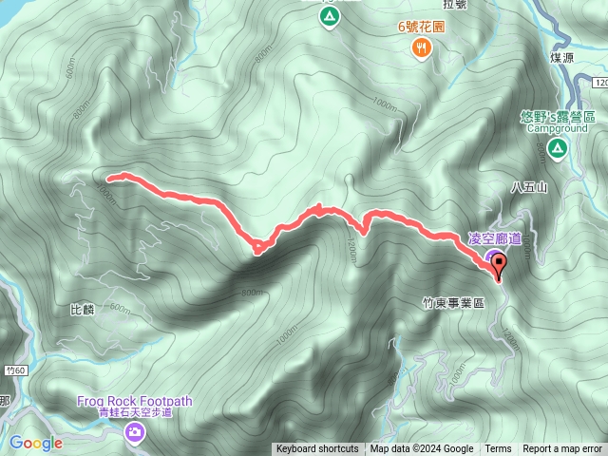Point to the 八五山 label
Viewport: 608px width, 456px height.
pos(529,188)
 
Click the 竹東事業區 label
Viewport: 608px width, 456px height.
pos(453,302)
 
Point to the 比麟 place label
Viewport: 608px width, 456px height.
pos(83,310)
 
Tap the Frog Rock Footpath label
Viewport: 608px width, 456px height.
pos(135,401)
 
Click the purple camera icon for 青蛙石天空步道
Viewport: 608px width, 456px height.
pos(135,433)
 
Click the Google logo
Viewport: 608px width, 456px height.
pos(35,443)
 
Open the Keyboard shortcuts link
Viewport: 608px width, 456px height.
pos(317,449)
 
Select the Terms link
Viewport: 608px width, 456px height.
pos(498,449)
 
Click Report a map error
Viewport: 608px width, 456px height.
pos(562,449)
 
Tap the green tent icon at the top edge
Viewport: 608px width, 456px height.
pos(329,17)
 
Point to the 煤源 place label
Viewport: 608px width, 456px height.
pos(562,58)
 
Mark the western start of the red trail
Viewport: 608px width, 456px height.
pos(109,177)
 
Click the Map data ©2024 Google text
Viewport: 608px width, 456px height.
pos(422,449)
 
